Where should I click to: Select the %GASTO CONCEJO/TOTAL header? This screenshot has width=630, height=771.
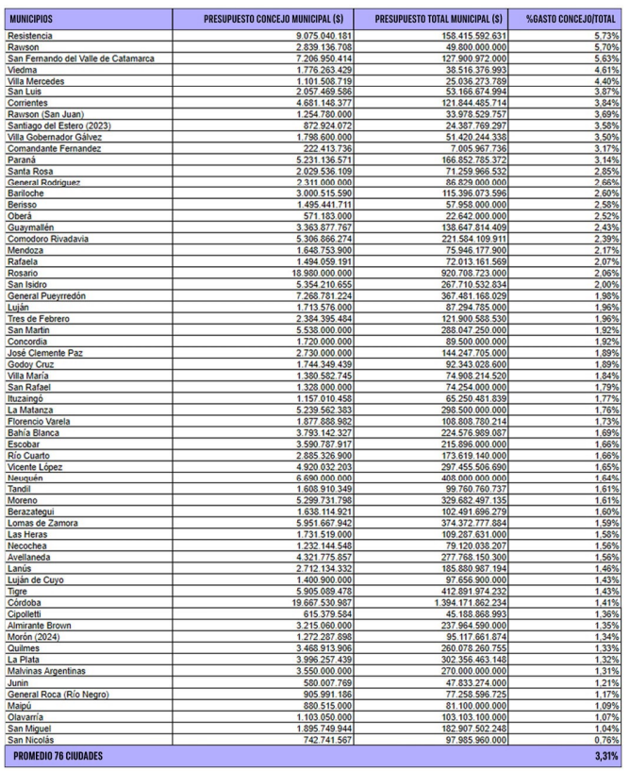point(570,18)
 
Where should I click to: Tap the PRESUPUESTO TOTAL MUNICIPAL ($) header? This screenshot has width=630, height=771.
point(439,18)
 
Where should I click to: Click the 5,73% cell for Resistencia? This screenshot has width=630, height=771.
point(603,36)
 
